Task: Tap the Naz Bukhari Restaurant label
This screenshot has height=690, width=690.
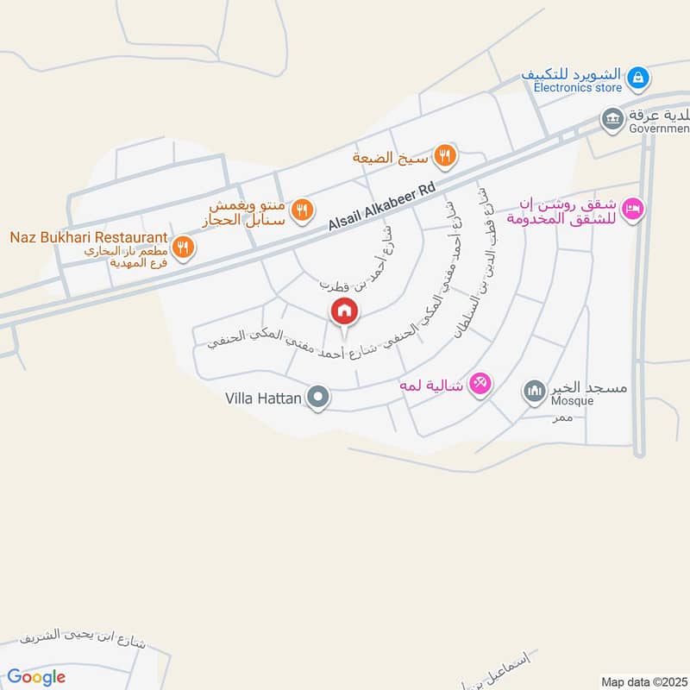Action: (87, 236)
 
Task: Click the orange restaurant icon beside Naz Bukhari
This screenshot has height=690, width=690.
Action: (182, 248)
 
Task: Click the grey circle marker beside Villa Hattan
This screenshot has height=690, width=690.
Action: (319, 398)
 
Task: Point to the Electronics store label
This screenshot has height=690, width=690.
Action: (577, 88)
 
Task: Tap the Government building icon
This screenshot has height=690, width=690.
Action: (612, 117)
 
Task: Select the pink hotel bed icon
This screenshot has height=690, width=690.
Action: (634, 210)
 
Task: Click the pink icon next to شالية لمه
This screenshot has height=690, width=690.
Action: (480, 384)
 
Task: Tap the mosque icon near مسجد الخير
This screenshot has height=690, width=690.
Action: (534, 392)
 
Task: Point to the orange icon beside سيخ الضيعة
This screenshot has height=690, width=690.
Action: (446, 156)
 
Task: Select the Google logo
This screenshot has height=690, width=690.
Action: (36, 676)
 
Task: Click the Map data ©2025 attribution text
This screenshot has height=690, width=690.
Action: (643, 681)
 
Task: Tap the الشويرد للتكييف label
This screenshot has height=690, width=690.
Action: (572, 74)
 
